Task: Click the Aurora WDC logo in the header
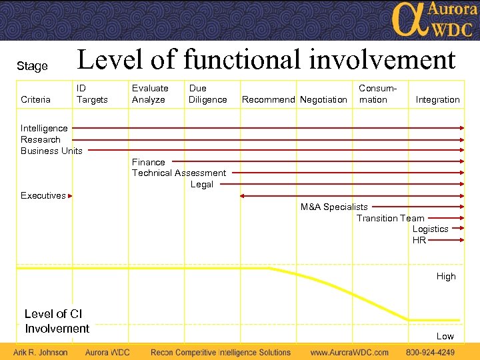point(433,20)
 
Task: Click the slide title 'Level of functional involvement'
point(266,60)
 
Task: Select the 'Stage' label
point(32,66)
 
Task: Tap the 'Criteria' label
point(35,99)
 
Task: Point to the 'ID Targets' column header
point(92,94)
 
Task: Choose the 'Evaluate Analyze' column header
point(150,94)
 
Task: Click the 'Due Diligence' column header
point(207,94)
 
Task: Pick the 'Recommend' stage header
point(268,99)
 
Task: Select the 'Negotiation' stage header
point(323,99)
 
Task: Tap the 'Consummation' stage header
point(377,94)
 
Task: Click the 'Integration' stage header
point(437,99)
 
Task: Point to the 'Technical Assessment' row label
point(179,173)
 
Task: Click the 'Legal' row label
point(201,185)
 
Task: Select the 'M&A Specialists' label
point(333,207)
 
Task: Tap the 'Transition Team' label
point(390,218)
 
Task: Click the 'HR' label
point(419,240)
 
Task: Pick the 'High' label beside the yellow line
point(446,277)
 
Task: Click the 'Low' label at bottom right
point(445,337)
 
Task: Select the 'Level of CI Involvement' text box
point(57,321)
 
